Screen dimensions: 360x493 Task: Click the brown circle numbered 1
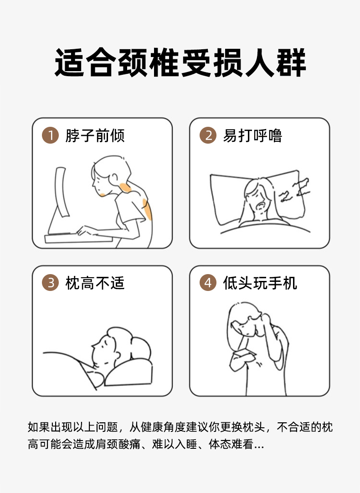[50, 135]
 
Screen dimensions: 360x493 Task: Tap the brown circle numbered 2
[208, 135]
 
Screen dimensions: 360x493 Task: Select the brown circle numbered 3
[50, 283]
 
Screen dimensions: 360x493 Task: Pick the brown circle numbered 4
[208, 283]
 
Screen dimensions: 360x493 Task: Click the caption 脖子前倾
[95, 135]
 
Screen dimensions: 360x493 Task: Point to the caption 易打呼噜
[252, 135]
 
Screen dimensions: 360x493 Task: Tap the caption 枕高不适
[95, 283]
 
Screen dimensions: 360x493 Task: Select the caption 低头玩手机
[260, 283]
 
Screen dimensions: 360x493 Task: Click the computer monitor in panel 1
[61, 192]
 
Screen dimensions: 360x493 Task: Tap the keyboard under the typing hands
[78, 239]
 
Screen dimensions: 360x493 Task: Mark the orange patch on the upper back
[147, 209]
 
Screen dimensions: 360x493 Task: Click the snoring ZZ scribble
[294, 190]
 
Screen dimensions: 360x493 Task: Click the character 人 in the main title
[259, 63]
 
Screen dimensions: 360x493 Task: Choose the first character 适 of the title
[69, 63]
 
